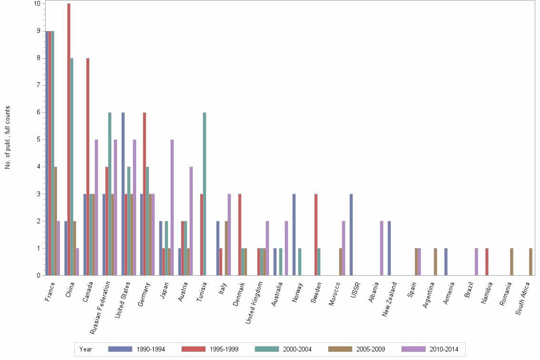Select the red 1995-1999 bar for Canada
pyautogui.click(x=88, y=167)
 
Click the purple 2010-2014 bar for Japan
pyautogui.click(x=172, y=207)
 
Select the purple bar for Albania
pyautogui.click(x=381, y=248)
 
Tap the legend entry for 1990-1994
pyautogui.click(x=137, y=349)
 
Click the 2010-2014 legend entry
pyautogui.click(x=430, y=349)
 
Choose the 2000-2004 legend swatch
pyautogui.click(x=267, y=349)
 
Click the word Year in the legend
pyautogui.click(x=86, y=349)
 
